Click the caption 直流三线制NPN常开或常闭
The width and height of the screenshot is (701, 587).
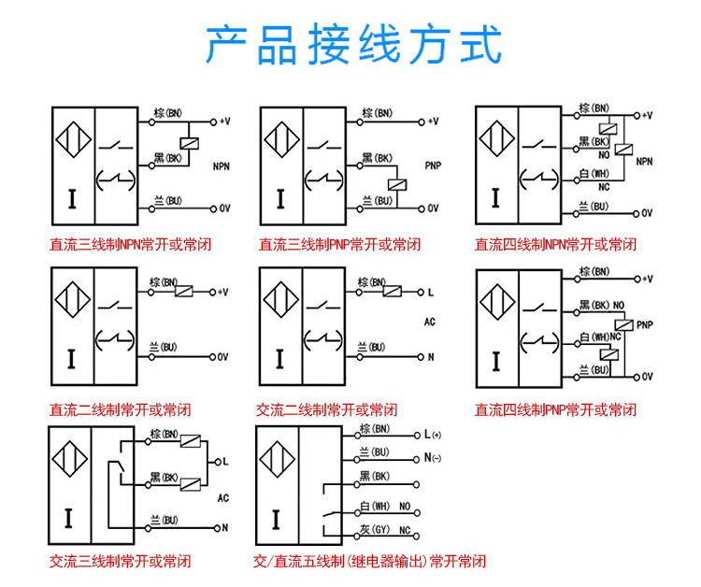pos(130,245)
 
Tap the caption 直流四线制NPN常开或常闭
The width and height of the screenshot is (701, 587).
pos(555,245)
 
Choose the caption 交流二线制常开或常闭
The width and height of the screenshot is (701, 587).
pos(326,409)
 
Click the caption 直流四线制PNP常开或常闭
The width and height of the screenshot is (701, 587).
pos(555,409)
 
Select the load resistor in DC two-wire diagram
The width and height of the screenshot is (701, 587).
pos(185,291)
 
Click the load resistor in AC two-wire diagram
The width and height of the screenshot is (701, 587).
pos(393,291)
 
